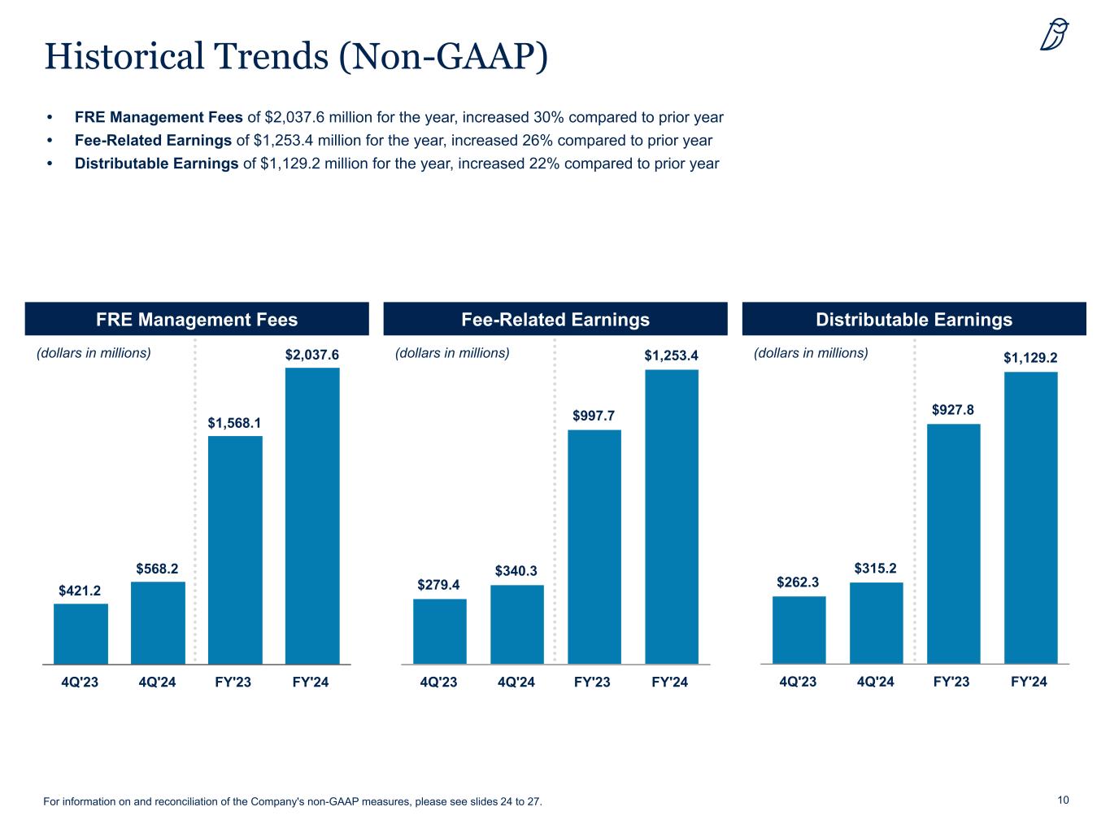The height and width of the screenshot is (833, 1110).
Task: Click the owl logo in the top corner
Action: coord(1055,35)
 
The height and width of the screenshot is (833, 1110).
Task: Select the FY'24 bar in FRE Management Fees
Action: coord(312,516)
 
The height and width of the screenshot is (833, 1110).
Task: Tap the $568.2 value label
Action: coord(157,569)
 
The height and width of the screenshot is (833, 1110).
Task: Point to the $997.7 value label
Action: coord(594,416)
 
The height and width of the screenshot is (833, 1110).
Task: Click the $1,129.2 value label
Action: coord(1030,357)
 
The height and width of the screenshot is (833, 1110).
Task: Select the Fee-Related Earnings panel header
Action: coord(555,319)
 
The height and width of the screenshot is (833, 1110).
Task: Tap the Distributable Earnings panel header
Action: coord(914,319)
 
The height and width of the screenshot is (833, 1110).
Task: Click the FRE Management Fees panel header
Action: coord(197,319)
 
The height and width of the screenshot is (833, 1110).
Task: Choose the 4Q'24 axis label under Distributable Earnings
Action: coord(875,682)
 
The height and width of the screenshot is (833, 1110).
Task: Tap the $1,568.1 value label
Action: coord(234,422)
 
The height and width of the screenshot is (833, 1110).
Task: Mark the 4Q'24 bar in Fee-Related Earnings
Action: coord(517,624)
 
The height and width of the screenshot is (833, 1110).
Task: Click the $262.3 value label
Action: coord(798,582)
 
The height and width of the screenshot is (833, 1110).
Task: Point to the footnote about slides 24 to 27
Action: coord(292,802)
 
